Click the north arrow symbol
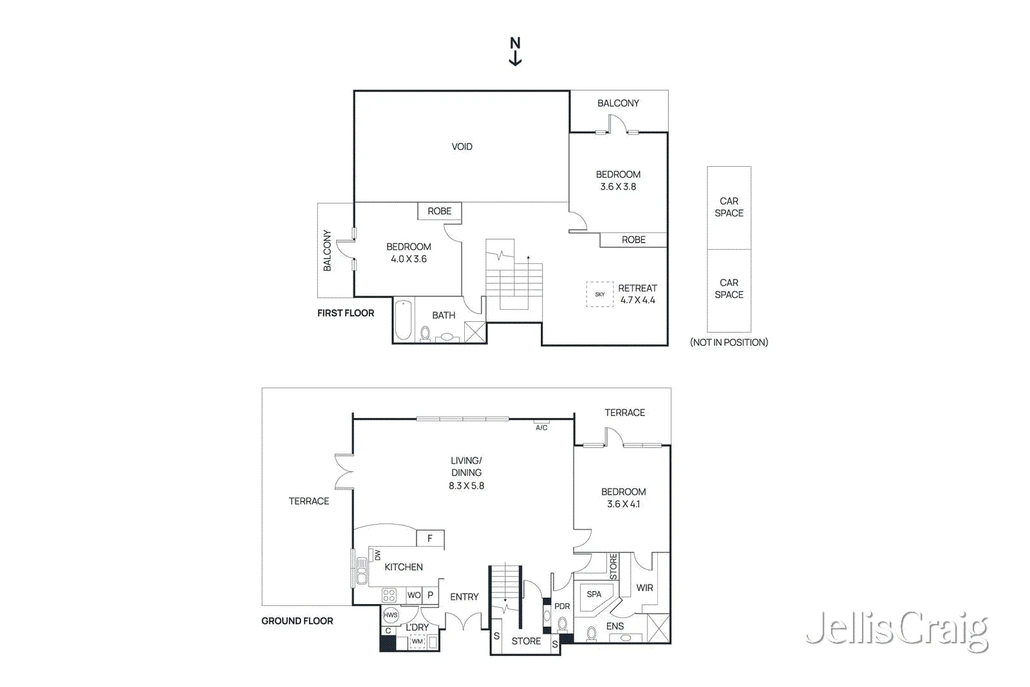point(515,52)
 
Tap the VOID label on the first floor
point(462,147)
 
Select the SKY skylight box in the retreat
point(599,294)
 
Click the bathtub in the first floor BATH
point(403,319)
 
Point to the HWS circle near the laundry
point(390,616)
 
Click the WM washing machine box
point(417,641)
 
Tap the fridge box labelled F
point(430,538)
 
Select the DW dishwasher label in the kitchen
point(377,555)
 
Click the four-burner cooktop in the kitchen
point(389,596)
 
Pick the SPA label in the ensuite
point(594,594)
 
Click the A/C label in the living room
point(541,428)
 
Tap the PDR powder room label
point(562,607)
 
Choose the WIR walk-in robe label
point(644,588)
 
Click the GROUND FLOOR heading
point(297,621)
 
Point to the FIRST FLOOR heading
point(346,313)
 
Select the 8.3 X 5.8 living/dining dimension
point(466,485)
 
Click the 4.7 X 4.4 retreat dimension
point(638,300)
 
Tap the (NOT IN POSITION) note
point(729,342)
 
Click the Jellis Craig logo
point(897,631)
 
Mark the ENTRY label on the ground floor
point(464,597)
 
